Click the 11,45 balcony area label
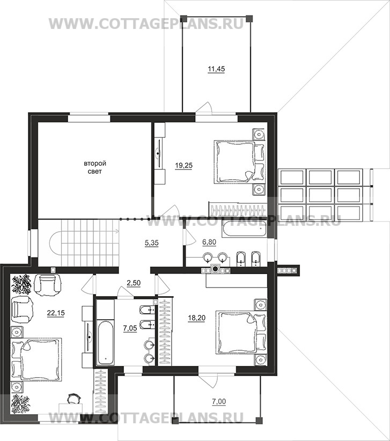pos(216,69)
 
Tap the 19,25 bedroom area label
pos(184,166)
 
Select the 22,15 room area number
pos(56,312)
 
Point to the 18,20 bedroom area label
pos(196,318)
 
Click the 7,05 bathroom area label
pos(130,328)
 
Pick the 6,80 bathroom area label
pos(209,242)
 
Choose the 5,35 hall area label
pos(152,242)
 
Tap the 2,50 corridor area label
pos(134,283)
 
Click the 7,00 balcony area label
pos(219,402)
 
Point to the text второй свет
pos(95,167)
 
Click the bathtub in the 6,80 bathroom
pos(243,229)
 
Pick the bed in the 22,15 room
pos(36,359)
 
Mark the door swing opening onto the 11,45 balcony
pos(204,108)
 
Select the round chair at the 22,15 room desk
pos(74,399)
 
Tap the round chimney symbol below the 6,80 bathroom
pos(216,269)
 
